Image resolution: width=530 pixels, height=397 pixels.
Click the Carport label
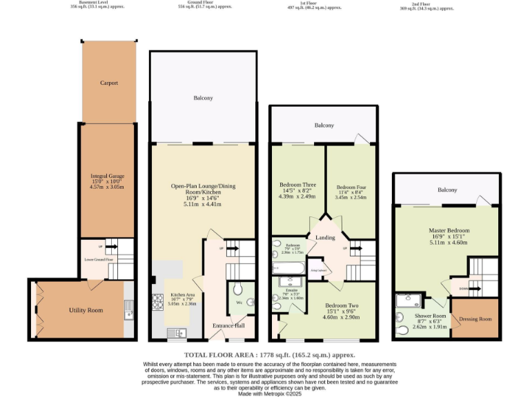pos(108,83)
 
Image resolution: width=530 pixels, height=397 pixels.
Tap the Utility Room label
pos(86,310)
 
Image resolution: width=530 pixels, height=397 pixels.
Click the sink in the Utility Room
pos(128,315)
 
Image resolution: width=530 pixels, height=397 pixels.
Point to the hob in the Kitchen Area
pos(157,301)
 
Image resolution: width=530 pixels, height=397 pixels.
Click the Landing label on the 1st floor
pos(325,238)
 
